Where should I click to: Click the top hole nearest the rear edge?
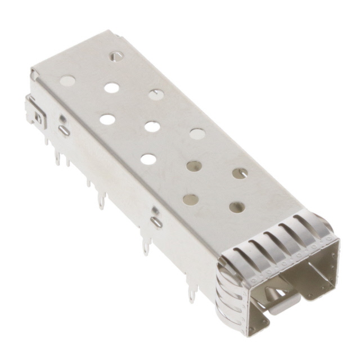coord(116,56)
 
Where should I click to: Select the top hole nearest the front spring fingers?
coord(237,208)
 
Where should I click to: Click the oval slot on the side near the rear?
coord(64,130)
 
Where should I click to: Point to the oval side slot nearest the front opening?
coord(157,222)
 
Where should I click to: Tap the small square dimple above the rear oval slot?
coord(62,119)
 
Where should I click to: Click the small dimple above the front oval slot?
coord(155,210)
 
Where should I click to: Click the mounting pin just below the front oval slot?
coord(147,246)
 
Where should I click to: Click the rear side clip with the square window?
coord(36,115)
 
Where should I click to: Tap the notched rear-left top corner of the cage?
coord(35,73)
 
